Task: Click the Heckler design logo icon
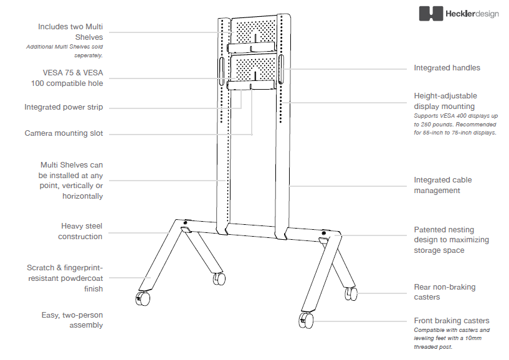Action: point(431,14)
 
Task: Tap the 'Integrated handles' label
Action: point(447,68)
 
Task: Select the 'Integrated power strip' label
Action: point(64,107)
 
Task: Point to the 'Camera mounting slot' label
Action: point(64,133)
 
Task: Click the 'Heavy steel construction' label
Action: point(80,231)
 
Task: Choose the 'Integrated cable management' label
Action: point(443,185)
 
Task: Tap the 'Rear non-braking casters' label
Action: point(444,292)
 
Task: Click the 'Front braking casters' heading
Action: point(452,321)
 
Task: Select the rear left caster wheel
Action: point(219,279)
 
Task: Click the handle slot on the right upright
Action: point(282,68)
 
